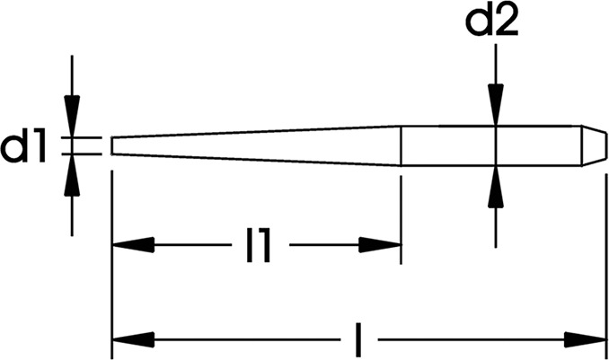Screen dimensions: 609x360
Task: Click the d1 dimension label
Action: (x=23, y=146)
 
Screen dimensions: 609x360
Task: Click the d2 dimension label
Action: (x=491, y=22)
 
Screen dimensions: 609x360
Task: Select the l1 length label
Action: (x=259, y=245)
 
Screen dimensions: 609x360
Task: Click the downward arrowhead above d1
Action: (x=72, y=116)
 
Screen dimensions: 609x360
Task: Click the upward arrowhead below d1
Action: (x=72, y=175)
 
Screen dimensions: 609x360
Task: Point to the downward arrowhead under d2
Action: (x=496, y=104)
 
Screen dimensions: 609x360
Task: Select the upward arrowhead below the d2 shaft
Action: (x=496, y=187)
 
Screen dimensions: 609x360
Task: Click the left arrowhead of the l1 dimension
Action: (x=133, y=245)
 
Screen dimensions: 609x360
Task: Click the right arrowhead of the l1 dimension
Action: (x=380, y=245)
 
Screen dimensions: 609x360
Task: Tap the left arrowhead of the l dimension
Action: (x=133, y=340)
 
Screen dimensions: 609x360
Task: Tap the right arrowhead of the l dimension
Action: (x=585, y=340)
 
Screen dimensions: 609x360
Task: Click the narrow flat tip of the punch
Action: (x=112, y=145)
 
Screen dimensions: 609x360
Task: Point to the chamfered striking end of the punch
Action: (x=594, y=145)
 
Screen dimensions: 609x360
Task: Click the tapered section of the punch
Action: (x=256, y=145)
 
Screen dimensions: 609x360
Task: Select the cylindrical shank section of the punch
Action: (x=491, y=145)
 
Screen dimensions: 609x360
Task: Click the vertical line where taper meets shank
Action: (x=401, y=145)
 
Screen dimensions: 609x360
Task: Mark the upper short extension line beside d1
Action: (x=82, y=137)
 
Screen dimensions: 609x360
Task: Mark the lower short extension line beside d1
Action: (x=82, y=154)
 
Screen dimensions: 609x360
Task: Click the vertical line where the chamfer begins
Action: (x=582, y=145)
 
